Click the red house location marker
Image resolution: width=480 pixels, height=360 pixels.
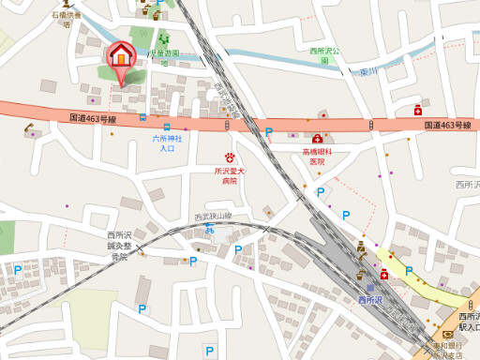point(121,56)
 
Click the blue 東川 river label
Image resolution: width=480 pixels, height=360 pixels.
point(367,71)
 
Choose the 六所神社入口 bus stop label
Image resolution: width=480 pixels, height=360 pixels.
point(167,143)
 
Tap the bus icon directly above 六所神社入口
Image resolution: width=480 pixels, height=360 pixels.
point(166,127)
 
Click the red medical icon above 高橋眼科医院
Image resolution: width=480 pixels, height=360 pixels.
point(318,139)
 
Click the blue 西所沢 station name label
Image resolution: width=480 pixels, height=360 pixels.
point(370,300)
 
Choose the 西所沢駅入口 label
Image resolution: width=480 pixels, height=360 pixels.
point(466,323)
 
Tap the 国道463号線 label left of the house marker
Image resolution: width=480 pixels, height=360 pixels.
point(93,119)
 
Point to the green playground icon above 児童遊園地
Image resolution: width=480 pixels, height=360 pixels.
point(164,40)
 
